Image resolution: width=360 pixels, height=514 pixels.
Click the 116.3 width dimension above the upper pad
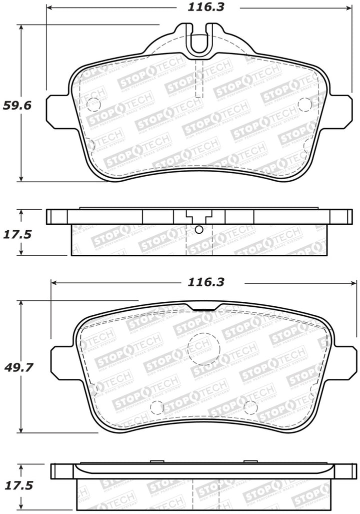199,7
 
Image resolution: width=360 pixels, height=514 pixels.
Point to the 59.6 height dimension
17,106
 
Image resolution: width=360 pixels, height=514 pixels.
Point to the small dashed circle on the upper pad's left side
93,104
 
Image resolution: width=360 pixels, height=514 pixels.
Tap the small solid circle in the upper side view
199,229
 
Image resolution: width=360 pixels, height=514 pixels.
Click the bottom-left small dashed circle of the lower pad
157,408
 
